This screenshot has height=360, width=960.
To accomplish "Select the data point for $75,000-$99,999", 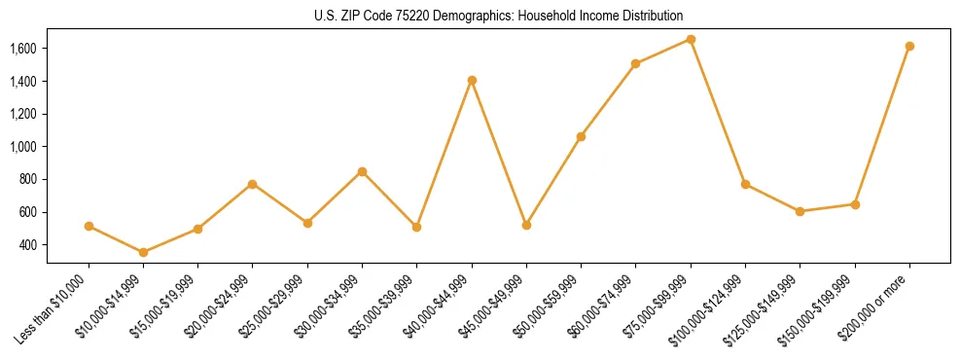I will coord(691,39).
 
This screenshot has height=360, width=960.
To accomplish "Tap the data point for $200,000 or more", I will coord(909,46).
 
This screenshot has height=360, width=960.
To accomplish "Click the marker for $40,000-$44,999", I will coord(472,80).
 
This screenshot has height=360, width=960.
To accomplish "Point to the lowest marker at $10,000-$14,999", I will coord(143,252).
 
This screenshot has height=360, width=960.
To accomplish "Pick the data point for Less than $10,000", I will coord(89,226).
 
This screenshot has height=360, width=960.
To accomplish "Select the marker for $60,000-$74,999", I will coord(636,63).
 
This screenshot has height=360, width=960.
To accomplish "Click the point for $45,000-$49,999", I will coord(526,225).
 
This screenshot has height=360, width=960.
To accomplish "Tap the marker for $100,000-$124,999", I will coord(745,184).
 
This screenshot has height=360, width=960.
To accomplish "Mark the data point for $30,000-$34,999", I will coord(362,171).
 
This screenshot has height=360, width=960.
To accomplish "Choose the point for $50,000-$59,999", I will coord(581,136).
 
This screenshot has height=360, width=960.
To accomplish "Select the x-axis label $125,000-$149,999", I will coord(763,310).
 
